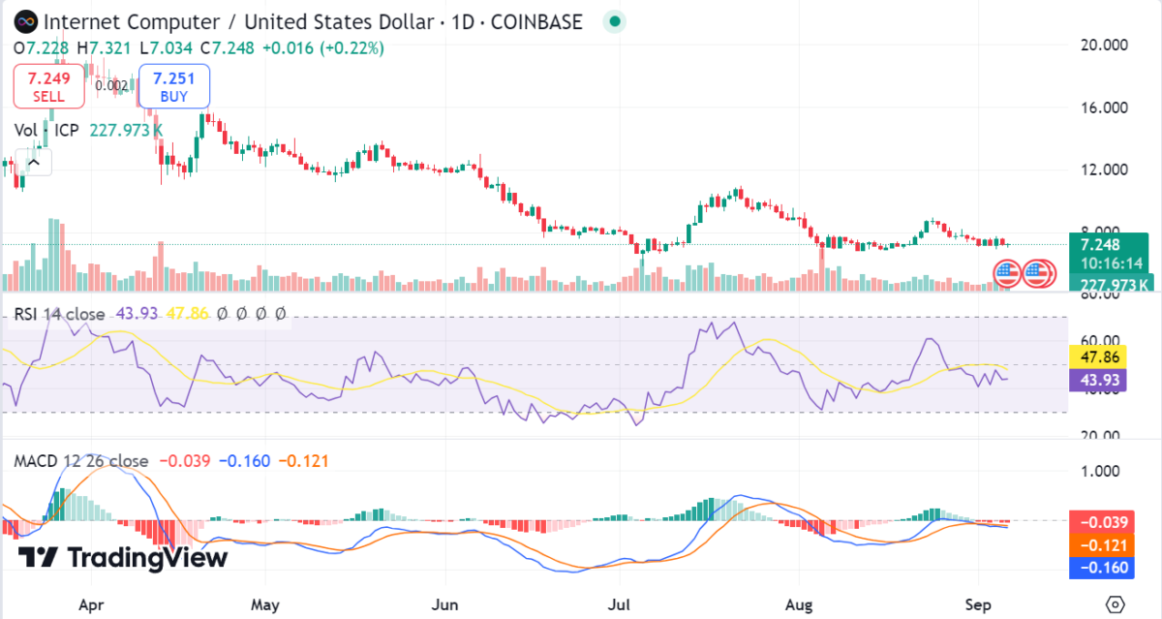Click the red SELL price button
(x=48, y=86)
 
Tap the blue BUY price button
(x=174, y=86)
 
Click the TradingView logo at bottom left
(x=123, y=558)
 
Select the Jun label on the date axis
(x=444, y=604)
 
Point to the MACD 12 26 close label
(x=81, y=461)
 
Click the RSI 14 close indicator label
(x=59, y=314)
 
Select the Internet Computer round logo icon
(x=24, y=20)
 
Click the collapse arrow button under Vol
(x=34, y=162)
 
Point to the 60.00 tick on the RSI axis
(x=1099, y=341)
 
